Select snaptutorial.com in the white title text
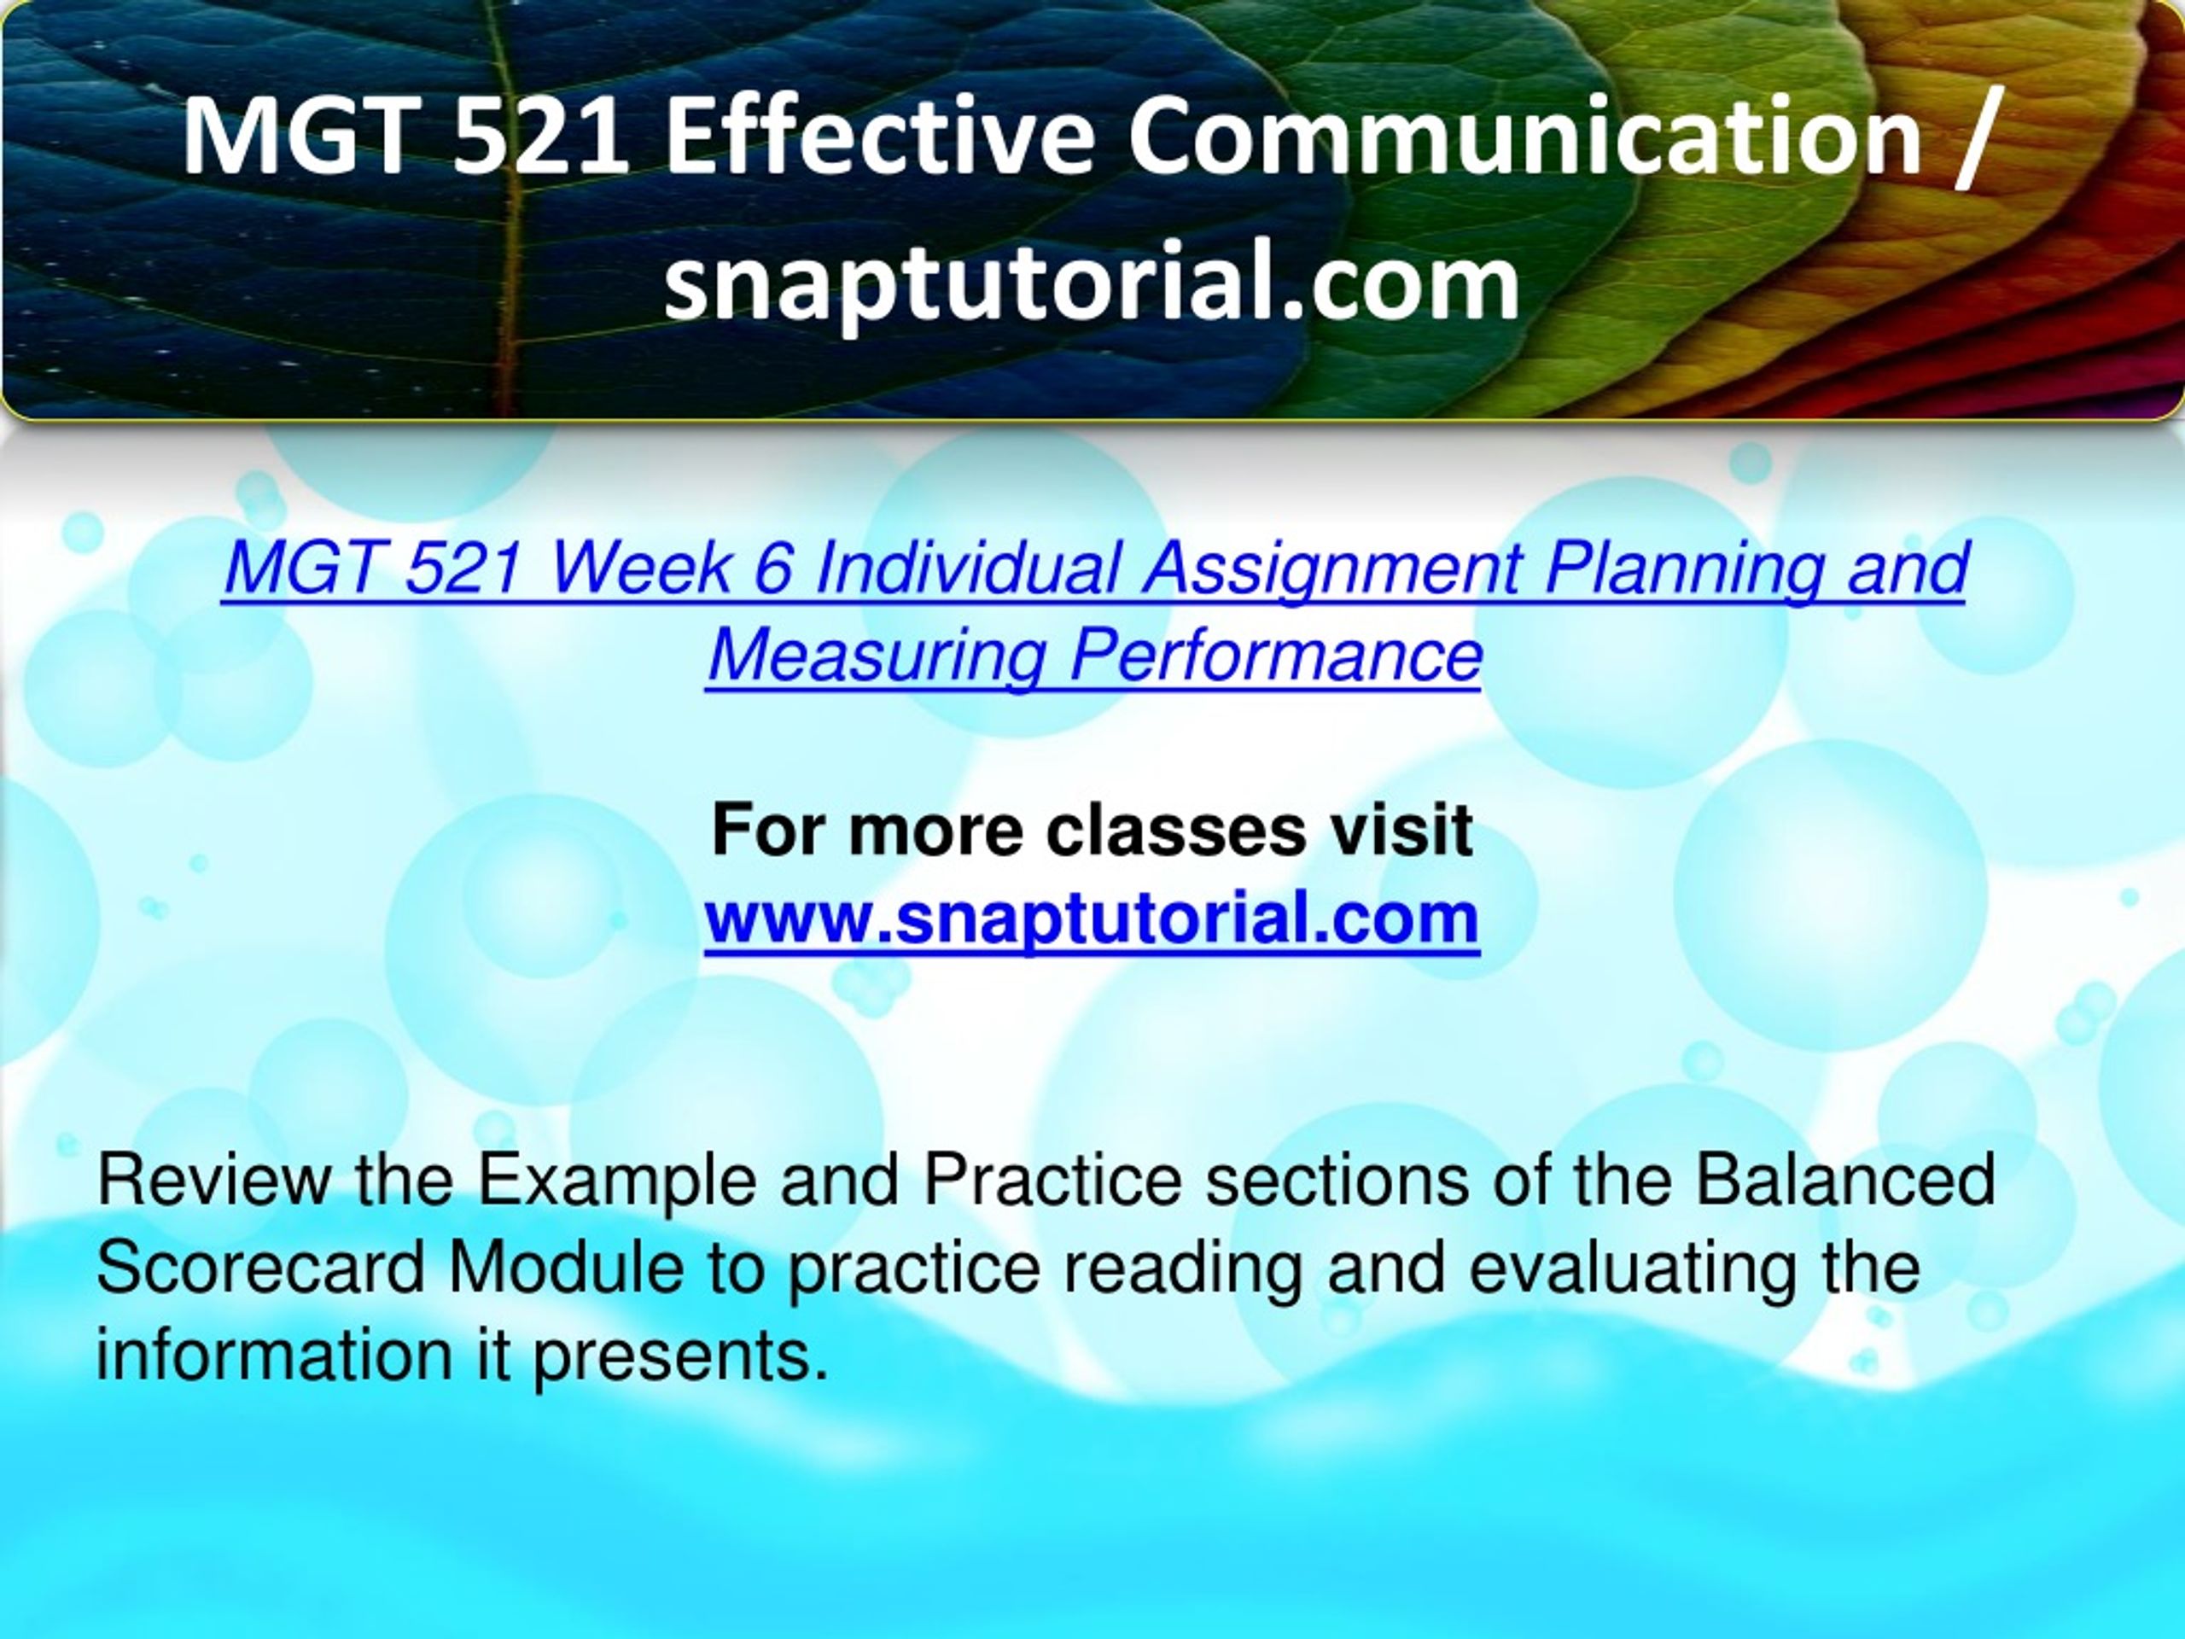click(x=1092, y=283)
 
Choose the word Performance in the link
click(x=1276, y=654)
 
